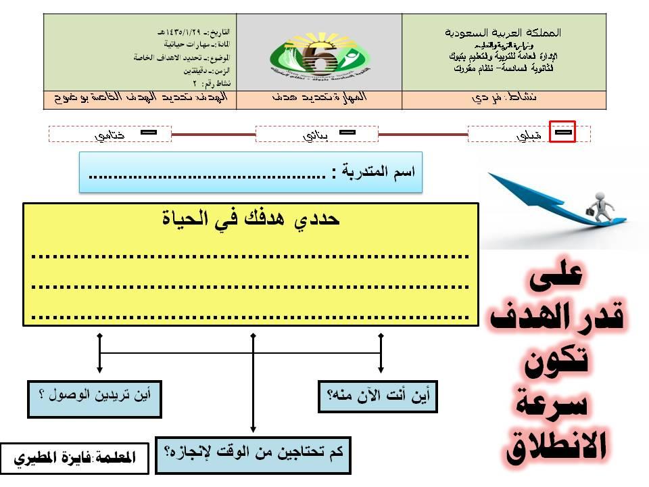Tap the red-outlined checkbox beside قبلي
562,132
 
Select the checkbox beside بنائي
347,133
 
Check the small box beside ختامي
148,133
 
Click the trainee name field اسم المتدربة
251,172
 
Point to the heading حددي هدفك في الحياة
251,220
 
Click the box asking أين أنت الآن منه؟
378,396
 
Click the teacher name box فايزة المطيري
74,458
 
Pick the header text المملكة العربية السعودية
504,32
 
